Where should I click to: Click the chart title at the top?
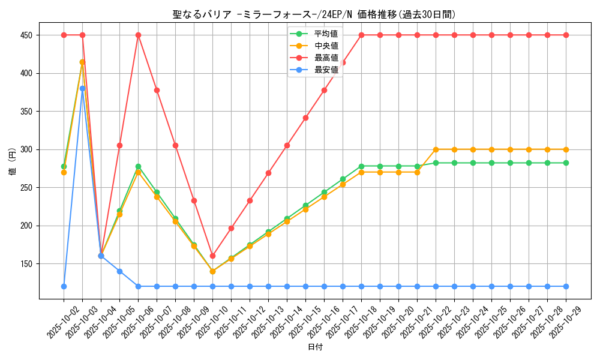coord(318,14)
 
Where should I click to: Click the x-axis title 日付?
coord(315,347)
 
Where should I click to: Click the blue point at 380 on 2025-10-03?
coord(82,88)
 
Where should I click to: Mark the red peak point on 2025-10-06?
coord(138,35)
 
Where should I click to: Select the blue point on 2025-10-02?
coord(64,286)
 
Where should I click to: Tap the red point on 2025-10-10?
coord(212,256)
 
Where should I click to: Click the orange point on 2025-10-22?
coord(436,149)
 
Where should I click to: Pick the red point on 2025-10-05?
coord(119,145)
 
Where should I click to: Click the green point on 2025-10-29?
coord(566,163)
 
